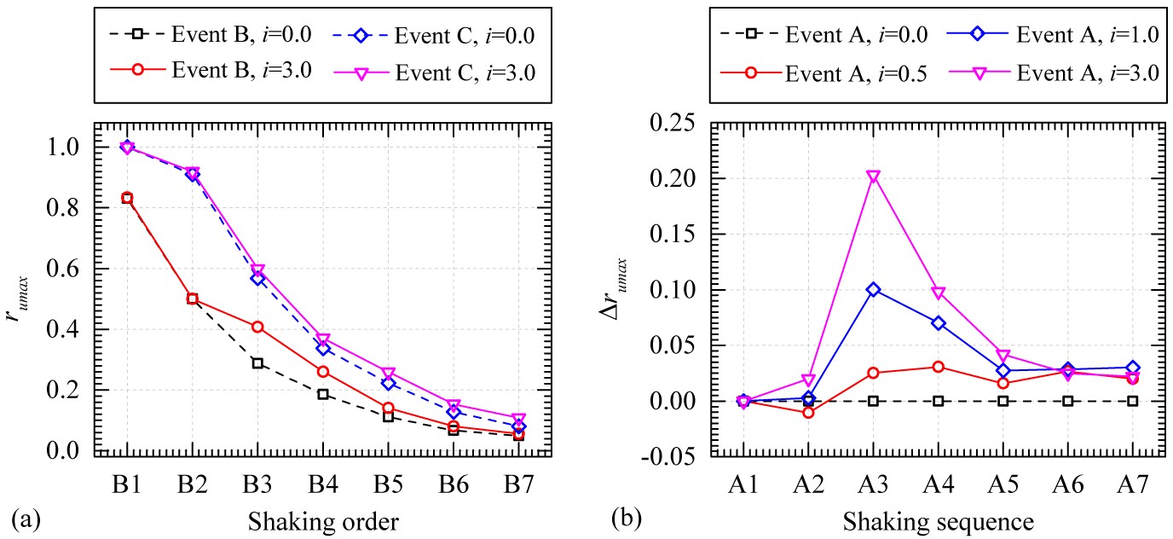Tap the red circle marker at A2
[808, 413]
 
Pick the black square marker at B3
[257, 363]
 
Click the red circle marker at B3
[257, 327]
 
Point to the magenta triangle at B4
[323, 340]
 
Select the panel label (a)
[25, 517]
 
